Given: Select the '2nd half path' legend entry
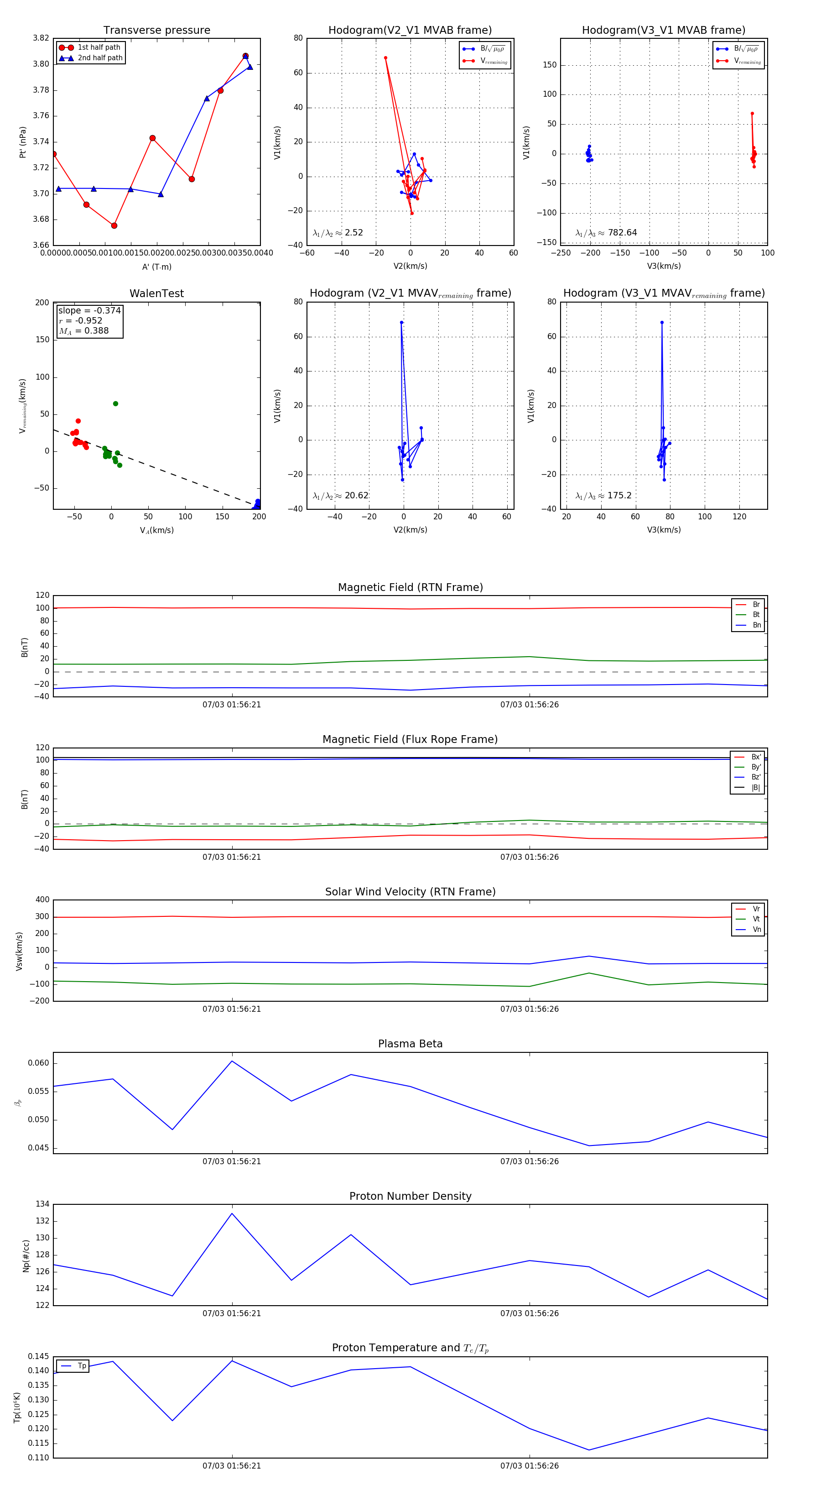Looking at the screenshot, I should tap(100, 58).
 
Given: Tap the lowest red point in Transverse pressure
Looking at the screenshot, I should tap(114, 225).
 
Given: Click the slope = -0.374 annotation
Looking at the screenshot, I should tap(89, 310).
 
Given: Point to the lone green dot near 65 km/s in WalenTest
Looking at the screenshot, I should tap(116, 403).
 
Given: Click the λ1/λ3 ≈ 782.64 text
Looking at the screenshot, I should tap(606, 233).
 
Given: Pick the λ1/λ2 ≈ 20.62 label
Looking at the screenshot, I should tap(341, 496).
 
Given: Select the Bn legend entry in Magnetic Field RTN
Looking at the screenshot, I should tap(756, 625).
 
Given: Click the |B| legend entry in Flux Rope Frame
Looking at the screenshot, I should tap(756, 788).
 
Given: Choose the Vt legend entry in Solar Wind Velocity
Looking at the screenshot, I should tap(756, 919).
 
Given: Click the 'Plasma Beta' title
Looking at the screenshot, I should tap(410, 1044).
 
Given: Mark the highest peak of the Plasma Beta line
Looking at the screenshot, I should tap(232, 1061).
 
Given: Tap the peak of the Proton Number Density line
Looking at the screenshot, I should tap(232, 1213).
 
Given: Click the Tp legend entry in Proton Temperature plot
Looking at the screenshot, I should tap(82, 1366).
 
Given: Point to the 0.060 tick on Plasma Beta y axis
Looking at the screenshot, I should tap(39, 1063).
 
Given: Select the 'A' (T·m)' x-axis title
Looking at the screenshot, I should tap(156, 267).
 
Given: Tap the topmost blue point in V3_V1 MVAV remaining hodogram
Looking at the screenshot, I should tap(661, 322).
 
